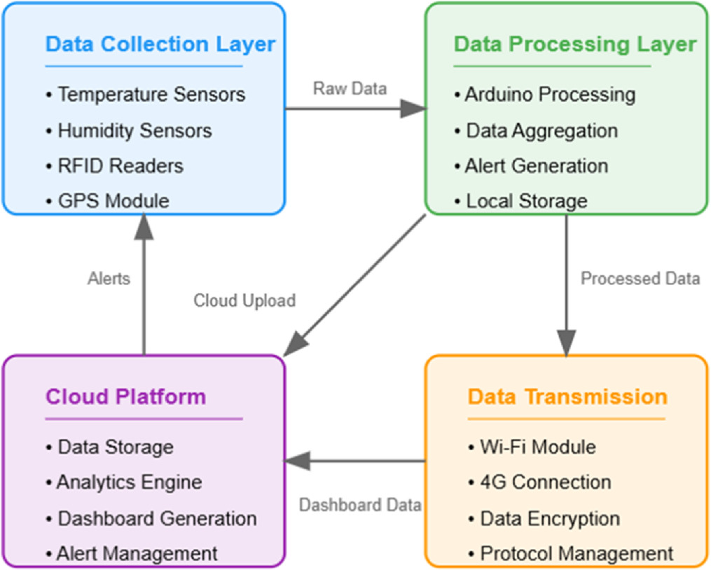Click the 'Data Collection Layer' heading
[x=160, y=44]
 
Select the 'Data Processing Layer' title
[x=574, y=44]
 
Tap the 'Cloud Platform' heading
[x=126, y=397]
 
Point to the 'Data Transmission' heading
[x=567, y=397]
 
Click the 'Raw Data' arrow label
[x=350, y=88]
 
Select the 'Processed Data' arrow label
[x=640, y=279]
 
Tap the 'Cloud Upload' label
[x=244, y=300]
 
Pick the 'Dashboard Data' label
[x=360, y=505]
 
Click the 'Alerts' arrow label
[x=109, y=279]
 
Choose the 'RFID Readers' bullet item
[x=120, y=166]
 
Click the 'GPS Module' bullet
[x=113, y=202]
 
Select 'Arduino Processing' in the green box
[x=549, y=95]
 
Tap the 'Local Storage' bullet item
[x=526, y=202]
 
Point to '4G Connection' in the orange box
[x=545, y=482]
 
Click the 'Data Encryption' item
[x=549, y=519]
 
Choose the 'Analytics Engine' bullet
[x=129, y=482]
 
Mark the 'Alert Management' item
[x=137, y=554]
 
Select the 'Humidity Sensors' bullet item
[x=134, y=130]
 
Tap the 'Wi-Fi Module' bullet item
[x=537, y=447]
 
